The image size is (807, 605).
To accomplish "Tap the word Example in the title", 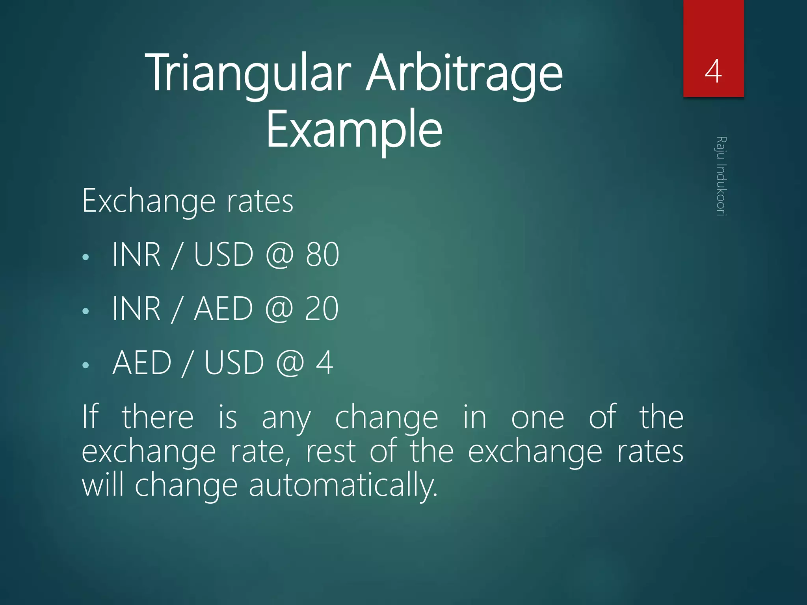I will coord(354,129).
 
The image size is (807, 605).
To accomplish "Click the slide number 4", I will coord(713,72).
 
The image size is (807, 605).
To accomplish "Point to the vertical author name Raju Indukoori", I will coord(721,176).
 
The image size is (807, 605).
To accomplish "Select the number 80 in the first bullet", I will coord(322,255).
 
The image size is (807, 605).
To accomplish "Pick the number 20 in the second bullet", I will coord(322,309).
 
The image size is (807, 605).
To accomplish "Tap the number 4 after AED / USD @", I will coord(325,363).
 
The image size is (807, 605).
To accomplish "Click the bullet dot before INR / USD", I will coord(86,258).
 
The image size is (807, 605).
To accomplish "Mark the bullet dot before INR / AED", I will coord(86,312).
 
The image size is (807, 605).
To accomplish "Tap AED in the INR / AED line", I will coord(223,309).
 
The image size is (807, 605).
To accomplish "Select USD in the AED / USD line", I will coord(234,363).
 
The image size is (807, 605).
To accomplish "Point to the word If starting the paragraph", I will coord(90,416).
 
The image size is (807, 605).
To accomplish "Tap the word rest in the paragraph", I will coord(331,452).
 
